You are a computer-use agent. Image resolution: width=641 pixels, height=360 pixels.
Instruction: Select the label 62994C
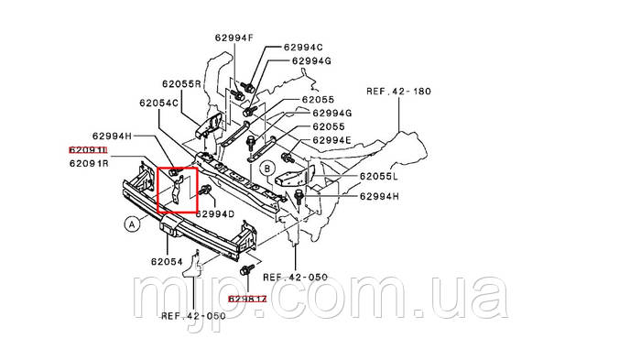(302, 46)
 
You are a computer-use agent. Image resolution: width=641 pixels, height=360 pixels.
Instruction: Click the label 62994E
(331, 140)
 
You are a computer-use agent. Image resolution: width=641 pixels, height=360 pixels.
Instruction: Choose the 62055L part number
(377, 175)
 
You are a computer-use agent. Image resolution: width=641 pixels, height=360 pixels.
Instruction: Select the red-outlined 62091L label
(89, 149)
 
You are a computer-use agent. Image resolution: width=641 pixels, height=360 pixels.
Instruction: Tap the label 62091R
(89, 164)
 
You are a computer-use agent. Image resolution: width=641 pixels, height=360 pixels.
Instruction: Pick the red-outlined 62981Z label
(248, 299)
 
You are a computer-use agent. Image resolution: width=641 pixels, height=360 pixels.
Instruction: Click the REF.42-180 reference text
(398, 92)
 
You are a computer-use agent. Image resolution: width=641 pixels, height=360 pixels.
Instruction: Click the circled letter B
(267, 168)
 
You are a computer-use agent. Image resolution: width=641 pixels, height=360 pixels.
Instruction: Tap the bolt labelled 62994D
(205, 191)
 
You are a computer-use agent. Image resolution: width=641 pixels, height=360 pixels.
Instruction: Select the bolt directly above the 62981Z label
(246, 272)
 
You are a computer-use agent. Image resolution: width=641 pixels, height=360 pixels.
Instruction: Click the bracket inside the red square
(174, 188)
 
